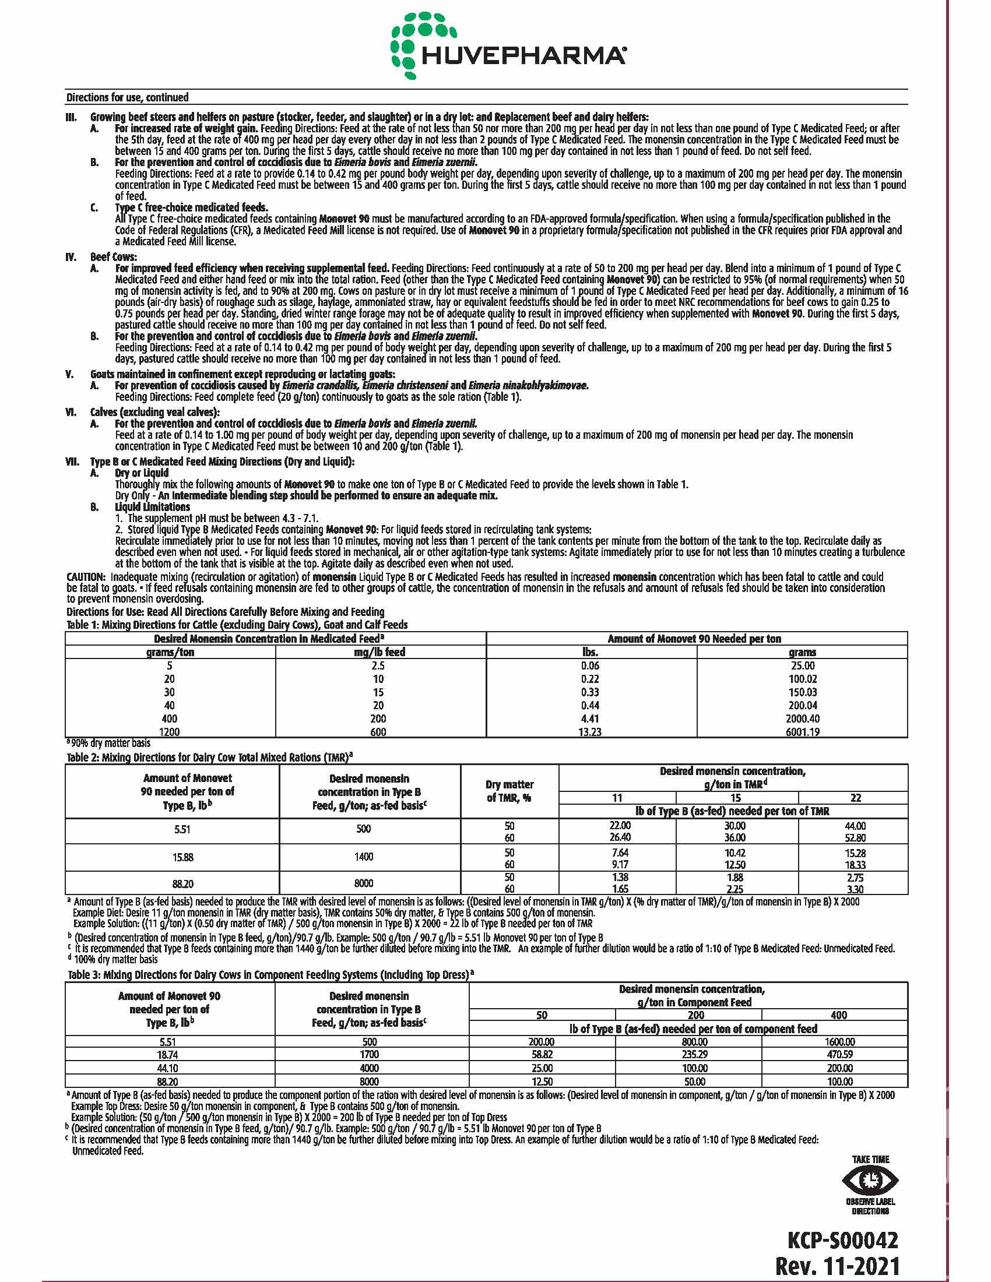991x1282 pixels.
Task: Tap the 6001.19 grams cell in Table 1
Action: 803,731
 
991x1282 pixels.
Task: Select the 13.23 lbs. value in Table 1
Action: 590,731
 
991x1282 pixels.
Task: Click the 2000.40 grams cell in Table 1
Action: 803,719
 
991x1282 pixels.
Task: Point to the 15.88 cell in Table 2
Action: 182,857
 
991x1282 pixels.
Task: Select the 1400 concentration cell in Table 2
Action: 364,857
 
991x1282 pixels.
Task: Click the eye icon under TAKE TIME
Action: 871,1179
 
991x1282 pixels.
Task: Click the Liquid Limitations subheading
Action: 153,506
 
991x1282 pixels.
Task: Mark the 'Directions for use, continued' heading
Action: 128,97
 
